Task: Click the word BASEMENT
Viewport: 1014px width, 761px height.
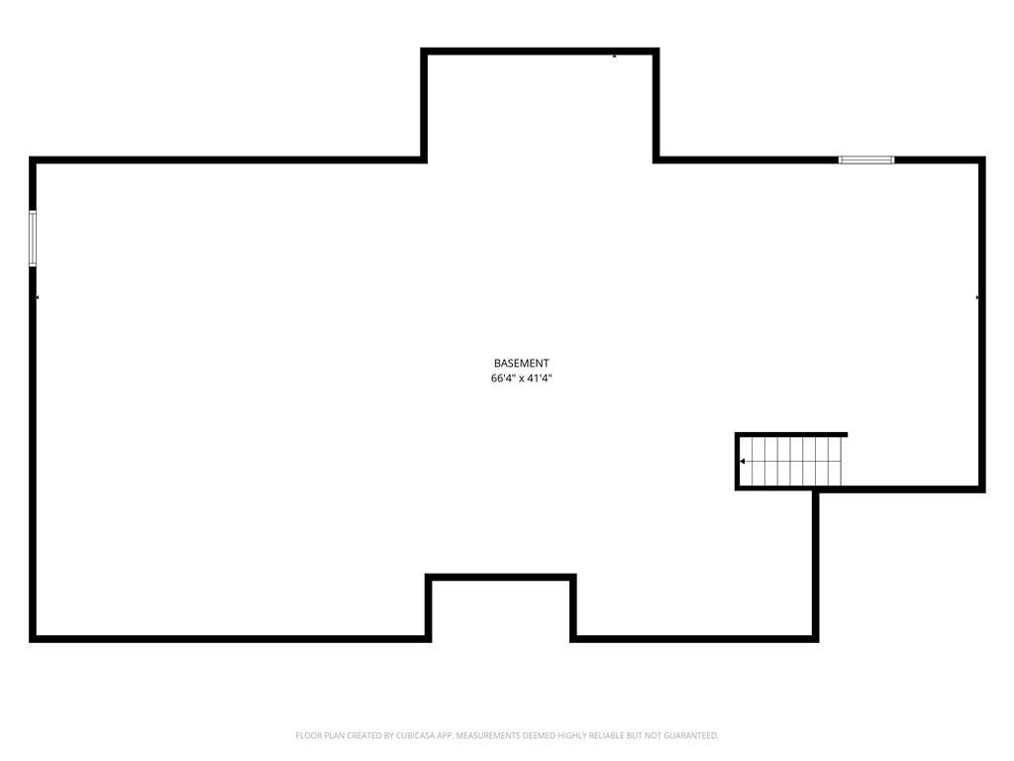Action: [x=521, y=364]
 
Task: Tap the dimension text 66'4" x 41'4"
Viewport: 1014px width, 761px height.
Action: [x=521, y=379]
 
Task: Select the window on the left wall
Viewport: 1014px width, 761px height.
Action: [x=33, y=238]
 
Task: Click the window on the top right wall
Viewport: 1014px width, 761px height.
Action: [x=866, y=160]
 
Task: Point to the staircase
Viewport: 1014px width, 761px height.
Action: [x=791, y=462]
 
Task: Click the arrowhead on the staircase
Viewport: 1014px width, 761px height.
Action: [x=743, y=462]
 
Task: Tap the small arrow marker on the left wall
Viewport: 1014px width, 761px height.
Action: [x=37, y=297]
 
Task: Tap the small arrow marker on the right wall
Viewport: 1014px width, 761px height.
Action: [x=977, y=297]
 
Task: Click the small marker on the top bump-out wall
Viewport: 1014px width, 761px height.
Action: [x=614, y=56]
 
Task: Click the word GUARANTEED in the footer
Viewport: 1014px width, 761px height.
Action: [x=691, y=736]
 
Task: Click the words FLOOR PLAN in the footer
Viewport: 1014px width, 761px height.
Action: [x=321, y=736]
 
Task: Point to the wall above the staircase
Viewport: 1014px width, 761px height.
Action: [x=791, y=434]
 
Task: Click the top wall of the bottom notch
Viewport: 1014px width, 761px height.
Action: [x=500, y=578]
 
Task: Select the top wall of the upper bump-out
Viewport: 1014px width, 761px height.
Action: [x=540, y=52]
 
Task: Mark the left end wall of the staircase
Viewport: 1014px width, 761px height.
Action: [x=737, y=462]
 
